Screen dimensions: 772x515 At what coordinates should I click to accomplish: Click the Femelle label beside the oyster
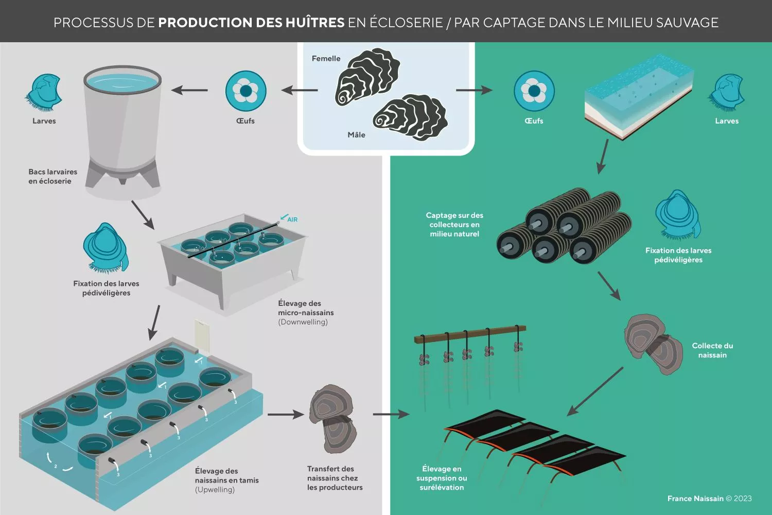point(326,59)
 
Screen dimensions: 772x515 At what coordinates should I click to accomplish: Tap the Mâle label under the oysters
point(356,134)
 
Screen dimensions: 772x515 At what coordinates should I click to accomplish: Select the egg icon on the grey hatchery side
point(245,91)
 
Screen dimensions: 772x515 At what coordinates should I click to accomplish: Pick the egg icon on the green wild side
point(534,91)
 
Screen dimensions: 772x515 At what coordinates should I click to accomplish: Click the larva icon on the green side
point(726,93)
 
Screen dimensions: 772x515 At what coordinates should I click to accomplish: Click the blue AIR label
point(292,220)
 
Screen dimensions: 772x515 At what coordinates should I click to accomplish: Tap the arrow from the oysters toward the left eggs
point(300,90)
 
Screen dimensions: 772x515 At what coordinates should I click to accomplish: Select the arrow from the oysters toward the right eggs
point(474,90)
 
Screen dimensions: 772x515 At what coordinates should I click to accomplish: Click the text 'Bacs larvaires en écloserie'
point(52,176)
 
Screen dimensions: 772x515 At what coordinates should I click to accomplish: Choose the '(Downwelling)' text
point(303,322)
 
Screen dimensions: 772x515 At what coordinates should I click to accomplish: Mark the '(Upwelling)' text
point(215,489)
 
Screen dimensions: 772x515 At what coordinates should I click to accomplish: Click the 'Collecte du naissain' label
point(712,350)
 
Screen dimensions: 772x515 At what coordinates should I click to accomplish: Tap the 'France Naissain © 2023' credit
point(710,499)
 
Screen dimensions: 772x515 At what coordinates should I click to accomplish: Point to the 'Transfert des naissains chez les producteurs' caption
point(335,478)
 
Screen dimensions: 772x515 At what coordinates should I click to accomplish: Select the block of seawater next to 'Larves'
point(639,97)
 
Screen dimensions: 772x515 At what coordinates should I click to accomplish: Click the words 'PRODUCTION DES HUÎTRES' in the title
point(251,23)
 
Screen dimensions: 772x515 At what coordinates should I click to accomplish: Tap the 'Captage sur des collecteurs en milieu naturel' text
point(454,225)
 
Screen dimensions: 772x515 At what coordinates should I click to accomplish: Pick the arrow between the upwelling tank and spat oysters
point(286,414)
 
